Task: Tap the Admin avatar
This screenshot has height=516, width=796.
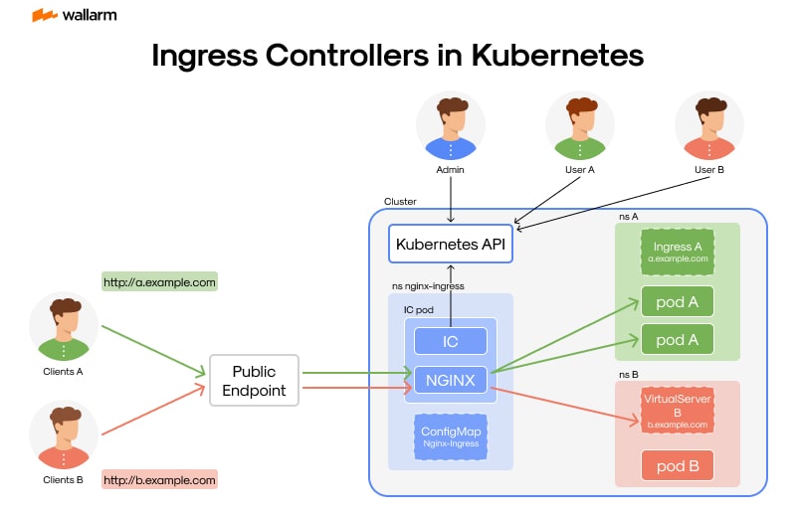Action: click(450, 126)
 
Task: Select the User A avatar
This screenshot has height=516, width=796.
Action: click(579, 126)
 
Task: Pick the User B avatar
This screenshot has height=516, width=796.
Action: click(708, 126)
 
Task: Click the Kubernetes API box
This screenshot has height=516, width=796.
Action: click(450, 243)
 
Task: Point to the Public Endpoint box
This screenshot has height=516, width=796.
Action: click(254, 380)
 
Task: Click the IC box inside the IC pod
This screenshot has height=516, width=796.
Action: click(450, 341)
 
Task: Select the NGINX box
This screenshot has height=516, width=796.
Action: click(450, 379)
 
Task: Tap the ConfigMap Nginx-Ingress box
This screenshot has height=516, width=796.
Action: click(451, 436)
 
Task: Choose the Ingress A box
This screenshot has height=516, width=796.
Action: click(677, 252)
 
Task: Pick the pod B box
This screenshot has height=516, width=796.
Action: click(677, 465)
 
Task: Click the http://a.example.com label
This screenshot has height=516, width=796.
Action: click(159, 282)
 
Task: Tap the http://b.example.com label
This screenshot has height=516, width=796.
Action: click(159, 480)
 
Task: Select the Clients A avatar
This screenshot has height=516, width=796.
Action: click(64, 327)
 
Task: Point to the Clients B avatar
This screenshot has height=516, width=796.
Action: click(64, 434)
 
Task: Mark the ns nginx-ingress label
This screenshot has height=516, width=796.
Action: click(428, 285)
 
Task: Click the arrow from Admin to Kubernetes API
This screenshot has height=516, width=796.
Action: click(450, 201)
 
